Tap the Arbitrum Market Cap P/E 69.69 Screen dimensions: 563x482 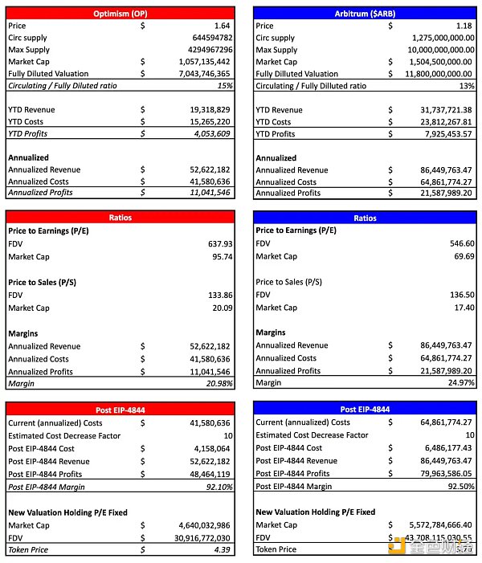(x=464, y=256)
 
